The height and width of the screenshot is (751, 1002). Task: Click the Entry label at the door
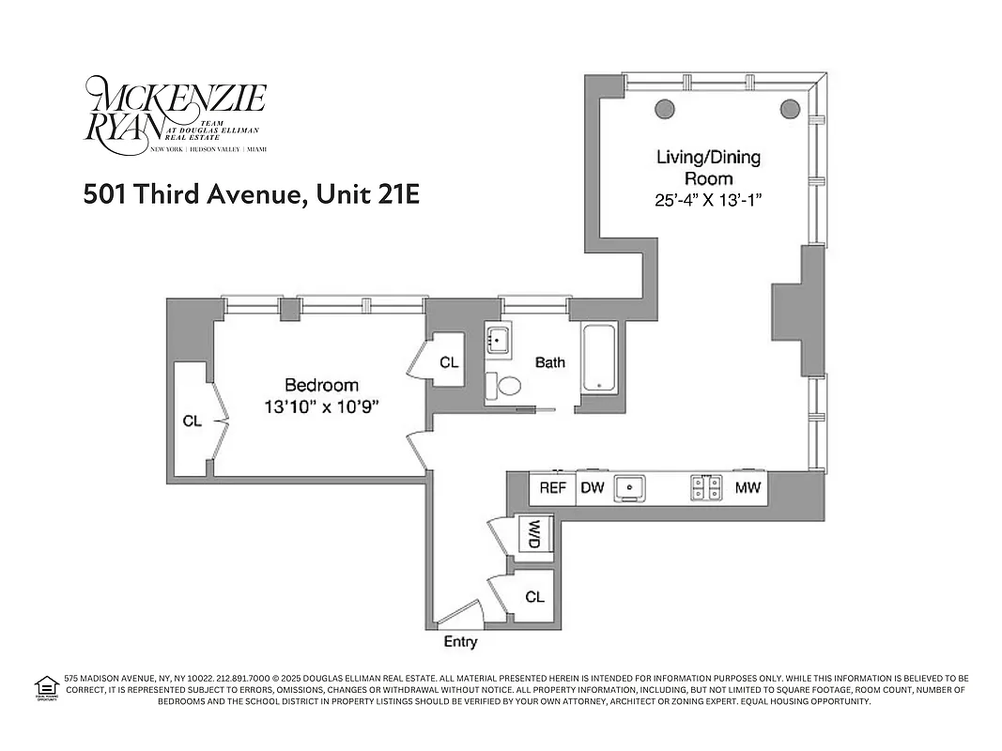460,642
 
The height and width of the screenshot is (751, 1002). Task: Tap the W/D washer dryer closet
535,535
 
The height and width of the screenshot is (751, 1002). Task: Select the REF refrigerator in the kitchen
552,488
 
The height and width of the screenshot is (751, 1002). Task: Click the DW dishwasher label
592,488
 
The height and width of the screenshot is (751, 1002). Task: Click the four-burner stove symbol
706,488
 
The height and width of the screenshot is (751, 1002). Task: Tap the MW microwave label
748,488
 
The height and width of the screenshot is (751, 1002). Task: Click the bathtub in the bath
598,359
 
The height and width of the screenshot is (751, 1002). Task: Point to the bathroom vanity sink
499,339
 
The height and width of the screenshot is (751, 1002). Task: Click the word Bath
550,362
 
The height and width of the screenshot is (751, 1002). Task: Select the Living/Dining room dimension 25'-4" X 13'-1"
707,199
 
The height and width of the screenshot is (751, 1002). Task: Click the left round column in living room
665,107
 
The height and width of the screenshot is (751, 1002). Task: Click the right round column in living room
789,107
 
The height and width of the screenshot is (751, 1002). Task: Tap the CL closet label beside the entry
534,597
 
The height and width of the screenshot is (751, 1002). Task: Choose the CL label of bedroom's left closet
192,421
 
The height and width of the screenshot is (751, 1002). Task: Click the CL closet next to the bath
449,362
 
